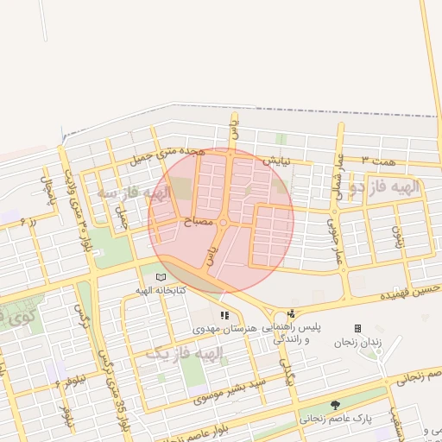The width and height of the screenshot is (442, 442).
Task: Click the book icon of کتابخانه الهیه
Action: pyautogui.click(x=161, y=276)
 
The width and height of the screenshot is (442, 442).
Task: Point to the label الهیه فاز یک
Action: pyautogui.click(x=184, y=354)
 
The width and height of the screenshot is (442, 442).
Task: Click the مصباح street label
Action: pyautogui.click(x=199, y=222)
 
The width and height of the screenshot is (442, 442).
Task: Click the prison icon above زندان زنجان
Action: pyautogui.click(x=357, y=328)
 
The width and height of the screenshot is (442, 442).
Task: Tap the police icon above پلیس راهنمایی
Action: pyautogui.click(x=292, y=313)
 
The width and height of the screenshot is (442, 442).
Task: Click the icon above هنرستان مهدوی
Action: pyautogui.click(x=225, y=315)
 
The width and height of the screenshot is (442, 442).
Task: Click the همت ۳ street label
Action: pyautogui.click(x=378, y=161)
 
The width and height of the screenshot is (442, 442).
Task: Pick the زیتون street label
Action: pyautogui.click(x=398, y=237)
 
